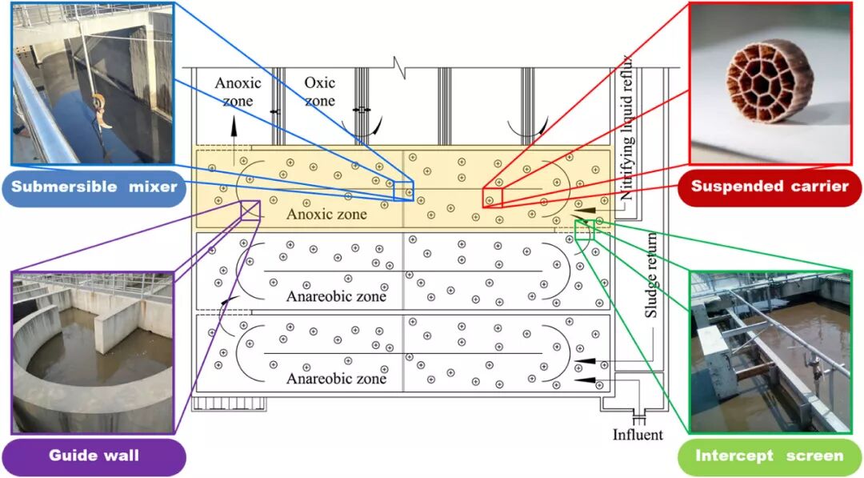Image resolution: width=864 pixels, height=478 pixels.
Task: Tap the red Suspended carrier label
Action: (x=769, y=187)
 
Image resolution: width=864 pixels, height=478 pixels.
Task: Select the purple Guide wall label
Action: (x=94, y=456)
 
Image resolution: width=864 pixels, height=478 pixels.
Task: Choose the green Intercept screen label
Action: (x=769, y=456)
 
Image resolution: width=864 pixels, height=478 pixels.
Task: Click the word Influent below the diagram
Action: (x=638, y=435)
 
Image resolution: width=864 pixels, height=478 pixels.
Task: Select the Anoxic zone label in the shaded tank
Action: (x=326, y=214)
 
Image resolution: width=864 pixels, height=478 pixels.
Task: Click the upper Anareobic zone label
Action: (x=336, y=296)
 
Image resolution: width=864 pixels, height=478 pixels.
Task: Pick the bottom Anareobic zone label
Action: (x=336, y=378)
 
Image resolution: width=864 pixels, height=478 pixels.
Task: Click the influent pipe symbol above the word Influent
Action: (x=638, y=417)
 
